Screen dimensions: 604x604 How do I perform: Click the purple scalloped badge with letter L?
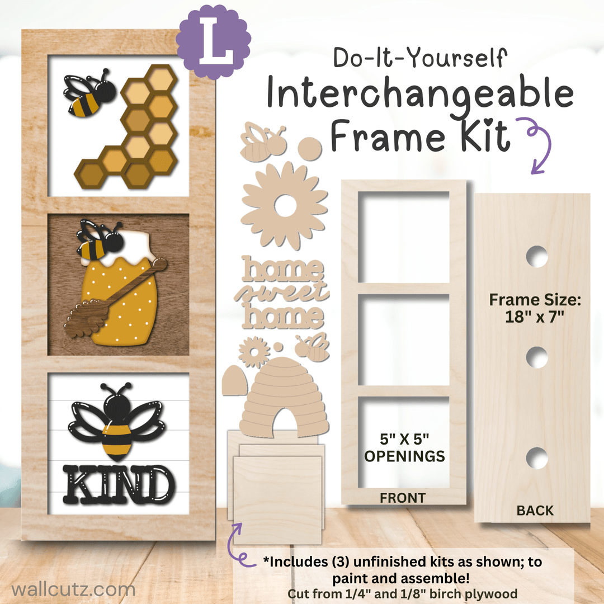[214, 41]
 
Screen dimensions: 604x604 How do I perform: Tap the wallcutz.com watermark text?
[73, 589]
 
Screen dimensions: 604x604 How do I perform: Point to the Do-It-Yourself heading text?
[420, 58]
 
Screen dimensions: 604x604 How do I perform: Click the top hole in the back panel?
[537, 257]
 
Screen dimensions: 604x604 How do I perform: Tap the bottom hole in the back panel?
[537, 459]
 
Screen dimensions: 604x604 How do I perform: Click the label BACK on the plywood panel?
[535, 511]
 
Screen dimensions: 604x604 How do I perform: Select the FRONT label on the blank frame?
[403, 498]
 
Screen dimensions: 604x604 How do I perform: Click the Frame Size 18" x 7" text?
[535, 308]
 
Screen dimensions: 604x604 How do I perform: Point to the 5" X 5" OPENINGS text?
[404, 447]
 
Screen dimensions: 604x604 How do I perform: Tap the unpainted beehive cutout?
[284, 397]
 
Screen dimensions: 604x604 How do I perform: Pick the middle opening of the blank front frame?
[404, 340]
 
